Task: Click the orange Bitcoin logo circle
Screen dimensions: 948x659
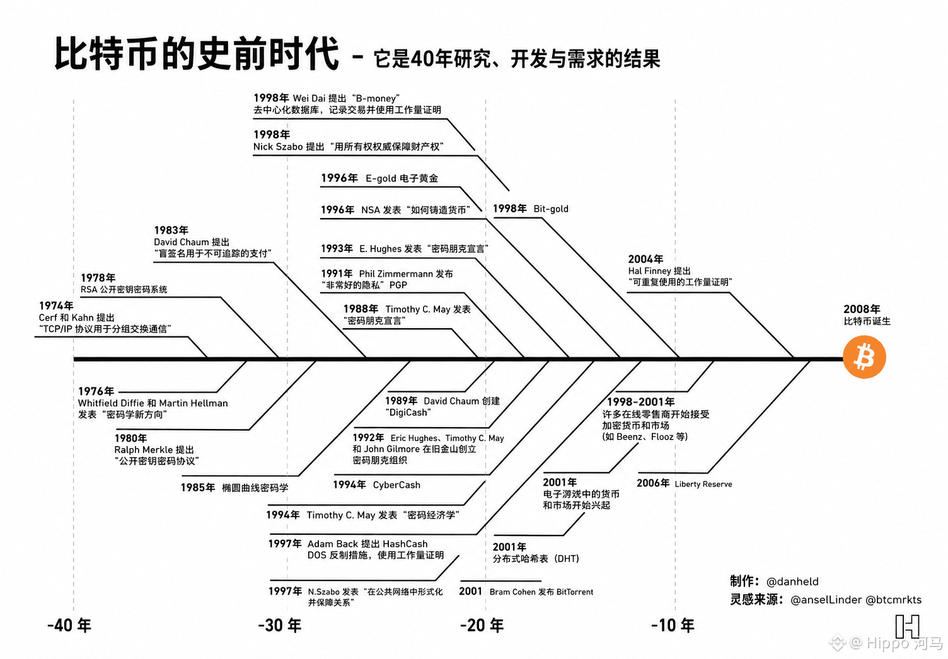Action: click(864, 357)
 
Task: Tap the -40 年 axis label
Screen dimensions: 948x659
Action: click(69, 625)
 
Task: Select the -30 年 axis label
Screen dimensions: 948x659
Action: click(280, 625)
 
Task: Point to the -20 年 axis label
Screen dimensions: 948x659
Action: click(482, 625)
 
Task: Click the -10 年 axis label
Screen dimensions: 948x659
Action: click(673, 625)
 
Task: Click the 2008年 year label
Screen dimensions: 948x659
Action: click(862, 309)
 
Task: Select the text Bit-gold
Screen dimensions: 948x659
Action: click(551, 209)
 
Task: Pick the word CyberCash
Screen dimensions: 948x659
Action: click(396, 484)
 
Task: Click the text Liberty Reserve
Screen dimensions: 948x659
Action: click(703, 484)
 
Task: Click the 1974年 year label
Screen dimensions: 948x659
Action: click(56, 306)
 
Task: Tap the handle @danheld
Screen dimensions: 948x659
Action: click(792, 582)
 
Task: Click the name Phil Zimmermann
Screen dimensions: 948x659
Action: click(396, 273)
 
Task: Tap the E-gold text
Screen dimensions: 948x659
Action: click(381, 178)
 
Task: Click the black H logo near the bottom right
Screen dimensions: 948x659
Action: click(908, 626)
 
